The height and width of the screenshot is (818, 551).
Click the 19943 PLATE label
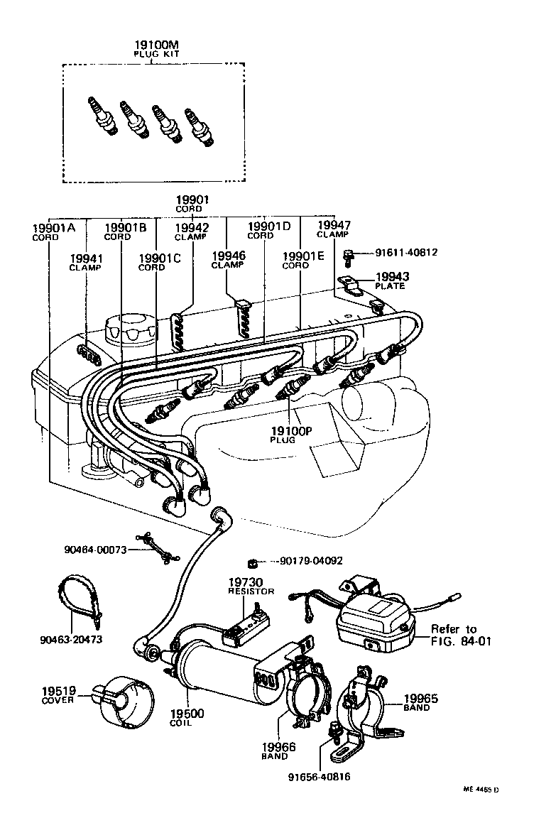[391, 280]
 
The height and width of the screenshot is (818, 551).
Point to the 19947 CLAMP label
[333, 229]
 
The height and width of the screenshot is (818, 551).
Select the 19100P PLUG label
[291, 434]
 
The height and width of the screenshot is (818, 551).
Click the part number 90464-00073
[96, 550]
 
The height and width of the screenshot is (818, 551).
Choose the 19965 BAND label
[421, 702]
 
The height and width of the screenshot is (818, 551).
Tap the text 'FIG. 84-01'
[461, 641]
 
